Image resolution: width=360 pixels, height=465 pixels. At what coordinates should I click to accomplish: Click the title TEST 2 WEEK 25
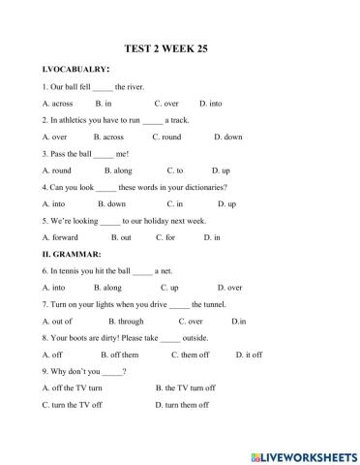179,46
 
